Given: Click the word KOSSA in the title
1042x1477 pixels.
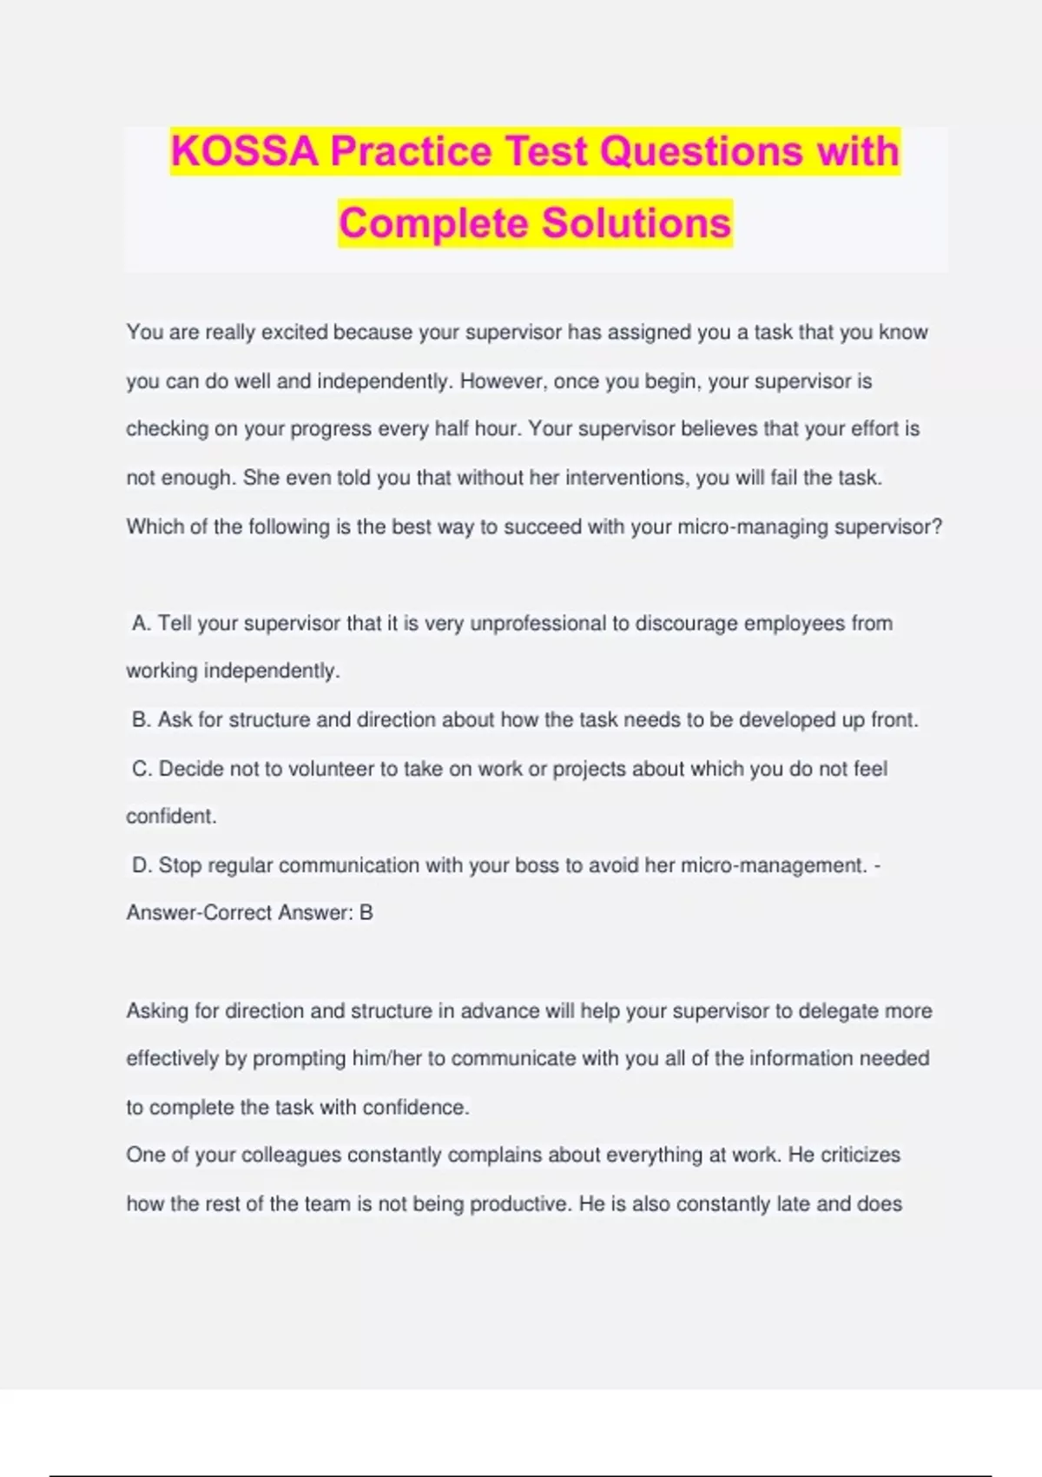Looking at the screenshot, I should (x=245, y=151).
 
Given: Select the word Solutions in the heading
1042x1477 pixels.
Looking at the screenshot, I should (x=636, y=223).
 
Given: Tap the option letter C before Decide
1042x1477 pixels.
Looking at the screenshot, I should (x=141, y=769).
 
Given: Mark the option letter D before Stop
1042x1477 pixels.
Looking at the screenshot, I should (x=141, y=865).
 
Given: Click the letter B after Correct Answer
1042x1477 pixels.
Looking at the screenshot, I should (x=366, y=913).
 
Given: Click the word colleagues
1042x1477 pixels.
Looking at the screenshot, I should (x=291, y=1156).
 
